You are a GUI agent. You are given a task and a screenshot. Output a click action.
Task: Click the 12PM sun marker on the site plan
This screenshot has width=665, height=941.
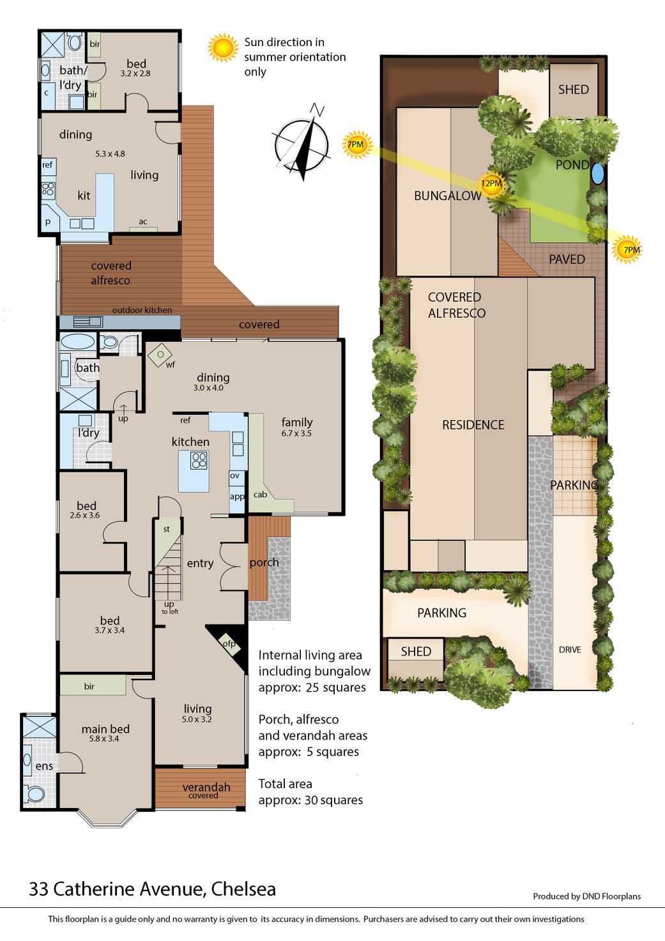coord(491,183)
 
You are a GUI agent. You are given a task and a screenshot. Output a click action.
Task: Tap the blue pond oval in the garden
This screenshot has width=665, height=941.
coord(597,173)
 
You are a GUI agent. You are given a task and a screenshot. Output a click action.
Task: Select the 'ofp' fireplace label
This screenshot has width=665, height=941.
coord(229,644)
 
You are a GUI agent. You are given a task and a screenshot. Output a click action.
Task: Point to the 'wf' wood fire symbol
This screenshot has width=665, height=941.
coord(160,355)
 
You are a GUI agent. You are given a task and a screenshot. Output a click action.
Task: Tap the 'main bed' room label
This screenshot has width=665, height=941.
coord(105,729)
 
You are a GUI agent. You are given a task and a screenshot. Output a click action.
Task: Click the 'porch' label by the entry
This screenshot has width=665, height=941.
coord(264,563)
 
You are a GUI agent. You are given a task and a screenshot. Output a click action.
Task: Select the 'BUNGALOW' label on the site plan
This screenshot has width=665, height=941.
coord(448,196)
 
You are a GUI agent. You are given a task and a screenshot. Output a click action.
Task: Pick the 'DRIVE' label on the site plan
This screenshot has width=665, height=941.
coord(570,650)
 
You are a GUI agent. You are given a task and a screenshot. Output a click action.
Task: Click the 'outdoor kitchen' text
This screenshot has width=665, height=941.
coord(142,310)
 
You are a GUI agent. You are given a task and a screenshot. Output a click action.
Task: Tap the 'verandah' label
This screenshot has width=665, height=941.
coord(206,787)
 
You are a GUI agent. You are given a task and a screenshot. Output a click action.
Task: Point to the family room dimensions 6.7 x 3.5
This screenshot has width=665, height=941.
coord(296,433)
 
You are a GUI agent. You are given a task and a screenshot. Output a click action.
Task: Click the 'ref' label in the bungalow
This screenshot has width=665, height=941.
coord(47,165)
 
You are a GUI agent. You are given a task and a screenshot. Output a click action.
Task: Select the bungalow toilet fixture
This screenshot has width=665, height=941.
coord(74,42)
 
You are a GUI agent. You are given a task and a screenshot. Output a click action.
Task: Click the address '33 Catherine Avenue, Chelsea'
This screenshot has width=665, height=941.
coord(153,889)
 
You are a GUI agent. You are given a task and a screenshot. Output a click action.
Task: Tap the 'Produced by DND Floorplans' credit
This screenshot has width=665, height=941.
coord(587,896)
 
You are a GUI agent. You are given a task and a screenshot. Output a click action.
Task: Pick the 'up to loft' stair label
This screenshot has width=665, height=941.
coord(170,608)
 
